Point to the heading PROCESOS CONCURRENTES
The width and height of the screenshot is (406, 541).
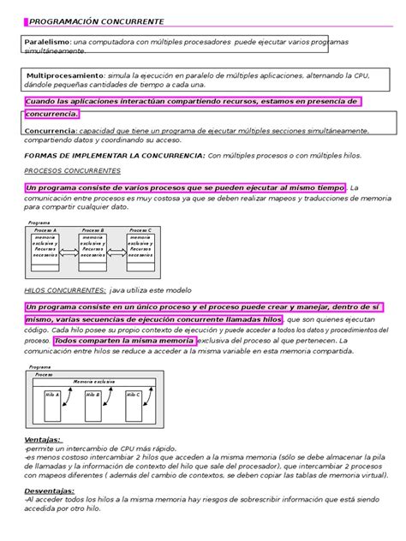71,170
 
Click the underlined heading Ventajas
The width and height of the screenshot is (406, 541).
42,439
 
